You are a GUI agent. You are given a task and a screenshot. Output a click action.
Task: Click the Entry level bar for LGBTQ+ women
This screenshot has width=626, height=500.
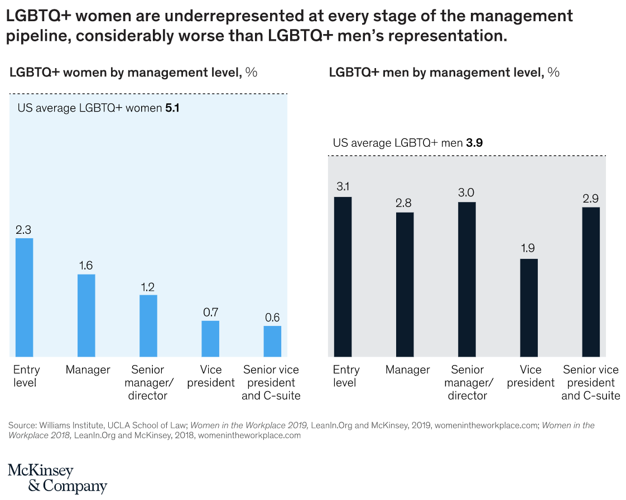pyautogui.click(x=24, y=297)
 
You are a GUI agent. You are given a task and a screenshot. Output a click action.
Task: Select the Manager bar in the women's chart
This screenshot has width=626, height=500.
pyautogui.click(x=86, y=315)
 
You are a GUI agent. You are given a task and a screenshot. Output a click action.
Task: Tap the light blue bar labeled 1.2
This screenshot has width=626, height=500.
pyautogui.click(x=148, y=326)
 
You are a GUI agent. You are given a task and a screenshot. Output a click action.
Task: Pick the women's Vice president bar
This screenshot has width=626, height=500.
pyautogui.click(x=210, y=339)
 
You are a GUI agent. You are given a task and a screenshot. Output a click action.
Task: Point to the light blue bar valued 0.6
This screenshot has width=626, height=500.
pyautogui.click(x=272, y=341)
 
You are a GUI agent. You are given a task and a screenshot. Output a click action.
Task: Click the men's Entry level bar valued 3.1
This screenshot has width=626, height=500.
pyautogui.click(x=343, y=277)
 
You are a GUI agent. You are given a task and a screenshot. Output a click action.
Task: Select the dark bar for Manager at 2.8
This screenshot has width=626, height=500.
pyautogui.click(x=405, y=285)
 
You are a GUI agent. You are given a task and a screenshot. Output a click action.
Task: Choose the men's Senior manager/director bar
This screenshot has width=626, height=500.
pyautogui.click(x=467, y=280)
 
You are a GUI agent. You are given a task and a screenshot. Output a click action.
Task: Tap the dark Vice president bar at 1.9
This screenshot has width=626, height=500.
pyautogui.click(x=529, y=307)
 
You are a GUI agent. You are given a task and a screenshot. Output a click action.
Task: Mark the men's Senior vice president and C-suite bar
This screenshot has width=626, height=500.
pyautogui.click(x=591, y=282)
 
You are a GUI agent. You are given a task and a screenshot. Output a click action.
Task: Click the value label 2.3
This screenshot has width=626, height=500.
pyautogui.click(x=24, y=229)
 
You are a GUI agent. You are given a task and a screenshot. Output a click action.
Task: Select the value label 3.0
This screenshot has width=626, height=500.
pyautogui.click(x=466, y=193)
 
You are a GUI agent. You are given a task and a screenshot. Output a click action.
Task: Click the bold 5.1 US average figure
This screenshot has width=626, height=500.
pyautogui.click(x=172, y=108)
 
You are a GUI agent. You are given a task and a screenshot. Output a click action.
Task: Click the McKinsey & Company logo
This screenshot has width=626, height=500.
pyautogui.click(x=57, y=478)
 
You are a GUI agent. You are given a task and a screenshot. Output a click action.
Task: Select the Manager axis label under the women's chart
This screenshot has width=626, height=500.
pyautogui.click(x=88, y=369)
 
